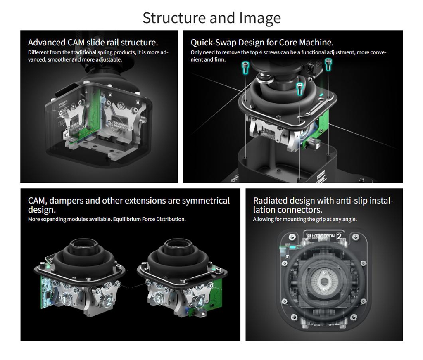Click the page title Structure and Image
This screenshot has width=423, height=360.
(x=211, y=18)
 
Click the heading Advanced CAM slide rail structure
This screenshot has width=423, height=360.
(x=93, y=43)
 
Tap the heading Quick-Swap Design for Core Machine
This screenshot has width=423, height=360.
(x=262, y=43)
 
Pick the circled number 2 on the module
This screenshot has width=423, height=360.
(x=108, y=301)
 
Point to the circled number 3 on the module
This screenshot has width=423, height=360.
(x=158, y=299)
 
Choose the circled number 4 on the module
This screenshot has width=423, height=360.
(x=200, y=302)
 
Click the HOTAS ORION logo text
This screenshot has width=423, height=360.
(x=323, y=236)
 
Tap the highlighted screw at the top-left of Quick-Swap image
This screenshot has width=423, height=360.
(x=245, y=67)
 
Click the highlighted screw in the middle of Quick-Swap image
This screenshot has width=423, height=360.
(x=300, y=89)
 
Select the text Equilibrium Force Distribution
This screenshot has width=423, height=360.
(x=149, y=219)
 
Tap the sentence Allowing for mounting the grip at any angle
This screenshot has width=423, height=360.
(x=305, y=219)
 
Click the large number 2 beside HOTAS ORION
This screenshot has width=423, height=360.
(x=340, y=236)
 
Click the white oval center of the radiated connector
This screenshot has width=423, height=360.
(x=324, y=282)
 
